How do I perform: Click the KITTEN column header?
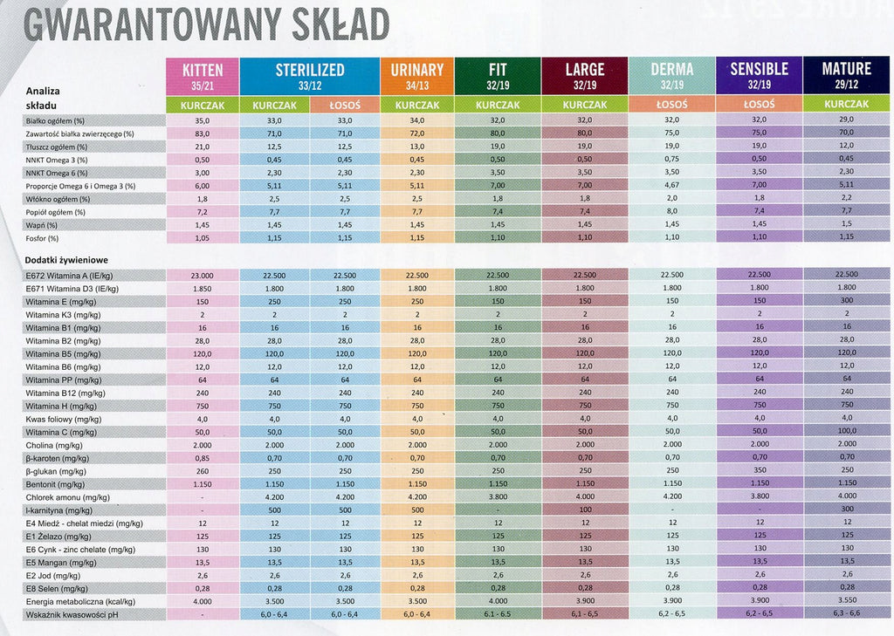click(x=203, y=77)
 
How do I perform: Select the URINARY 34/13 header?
click(x=416, y=77)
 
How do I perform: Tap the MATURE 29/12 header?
click(x=846, y=75)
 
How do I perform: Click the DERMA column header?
click(x=671, y=76)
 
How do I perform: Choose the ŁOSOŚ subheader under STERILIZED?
click(x=345, y=105)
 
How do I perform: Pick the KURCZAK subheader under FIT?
click(x=498, y=105)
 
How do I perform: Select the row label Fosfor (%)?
click(x=42, y=238)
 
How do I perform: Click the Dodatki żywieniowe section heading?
click(x=66, y=260)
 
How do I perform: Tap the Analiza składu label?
click(x=43, y=98)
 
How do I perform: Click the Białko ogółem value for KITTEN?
click(x=203, y=120)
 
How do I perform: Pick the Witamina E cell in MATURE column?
click(x=847, y=300)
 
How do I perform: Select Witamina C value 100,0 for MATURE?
click(x=847, y=431)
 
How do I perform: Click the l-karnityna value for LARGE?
click(x=585, y=509)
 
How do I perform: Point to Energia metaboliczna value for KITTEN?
click(x=203, y=602)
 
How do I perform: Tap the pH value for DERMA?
click(x=672, y=614)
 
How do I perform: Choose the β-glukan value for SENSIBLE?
click(x=760, y=470)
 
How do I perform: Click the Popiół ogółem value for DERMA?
click(x=672, y=211)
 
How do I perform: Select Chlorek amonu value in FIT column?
click(x=498, y=496)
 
